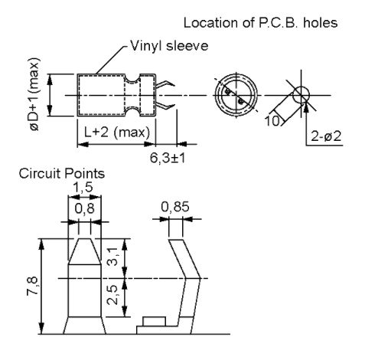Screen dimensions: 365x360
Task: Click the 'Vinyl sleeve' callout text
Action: point(169,46)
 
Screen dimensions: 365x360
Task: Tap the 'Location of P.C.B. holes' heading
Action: point(261,23)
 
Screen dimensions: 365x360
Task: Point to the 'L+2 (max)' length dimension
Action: point(117,133)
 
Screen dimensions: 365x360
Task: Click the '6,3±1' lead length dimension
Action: point(168,159)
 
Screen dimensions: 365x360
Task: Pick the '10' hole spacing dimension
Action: point(272,121)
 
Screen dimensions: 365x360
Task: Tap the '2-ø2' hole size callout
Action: point(326,136)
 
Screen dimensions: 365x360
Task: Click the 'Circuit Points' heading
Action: point(62,174)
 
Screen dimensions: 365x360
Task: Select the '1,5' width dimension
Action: point(83,188)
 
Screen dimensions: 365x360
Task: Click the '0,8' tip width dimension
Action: point(84,208)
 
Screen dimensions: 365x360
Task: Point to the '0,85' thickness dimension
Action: point(175,207)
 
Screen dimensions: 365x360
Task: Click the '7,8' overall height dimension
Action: point(33,286)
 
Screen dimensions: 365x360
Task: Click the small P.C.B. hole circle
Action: point(301,95)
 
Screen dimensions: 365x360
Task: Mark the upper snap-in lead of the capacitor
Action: point(165,84)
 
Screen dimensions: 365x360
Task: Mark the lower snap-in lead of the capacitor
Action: point(165,106)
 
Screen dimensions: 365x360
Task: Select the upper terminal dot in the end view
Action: point(228,91)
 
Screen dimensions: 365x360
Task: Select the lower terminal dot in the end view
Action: point(240,102)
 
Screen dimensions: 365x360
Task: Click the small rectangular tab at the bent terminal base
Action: point(154,322)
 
